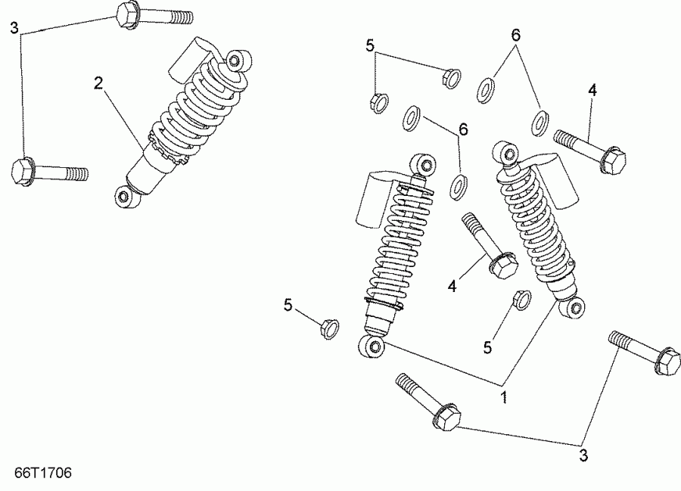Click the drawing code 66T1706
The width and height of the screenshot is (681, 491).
pyautogui.click(x=43, y=474)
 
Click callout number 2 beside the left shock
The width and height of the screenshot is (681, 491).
pyautogui.click(x=98, y=83)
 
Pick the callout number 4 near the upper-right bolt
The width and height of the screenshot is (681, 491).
pyautogui.click(x=592, y=91)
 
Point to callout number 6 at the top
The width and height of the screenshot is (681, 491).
pyautogui.click(x=516, y=35)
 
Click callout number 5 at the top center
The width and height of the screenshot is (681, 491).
pyautogui.click(x=370, y=45)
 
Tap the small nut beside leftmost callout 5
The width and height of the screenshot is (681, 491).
pyautogui.click(x=328, y=329)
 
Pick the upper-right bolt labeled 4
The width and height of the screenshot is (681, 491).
pyautogui.click(x=589, y=150)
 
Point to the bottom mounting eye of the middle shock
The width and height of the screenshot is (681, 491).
pyautogui.click(x=372, y=346)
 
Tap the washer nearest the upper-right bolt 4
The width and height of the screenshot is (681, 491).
pyautogui.click(x=540, y=122)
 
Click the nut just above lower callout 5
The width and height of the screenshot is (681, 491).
pyautogui.click(x=521, y=299)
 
